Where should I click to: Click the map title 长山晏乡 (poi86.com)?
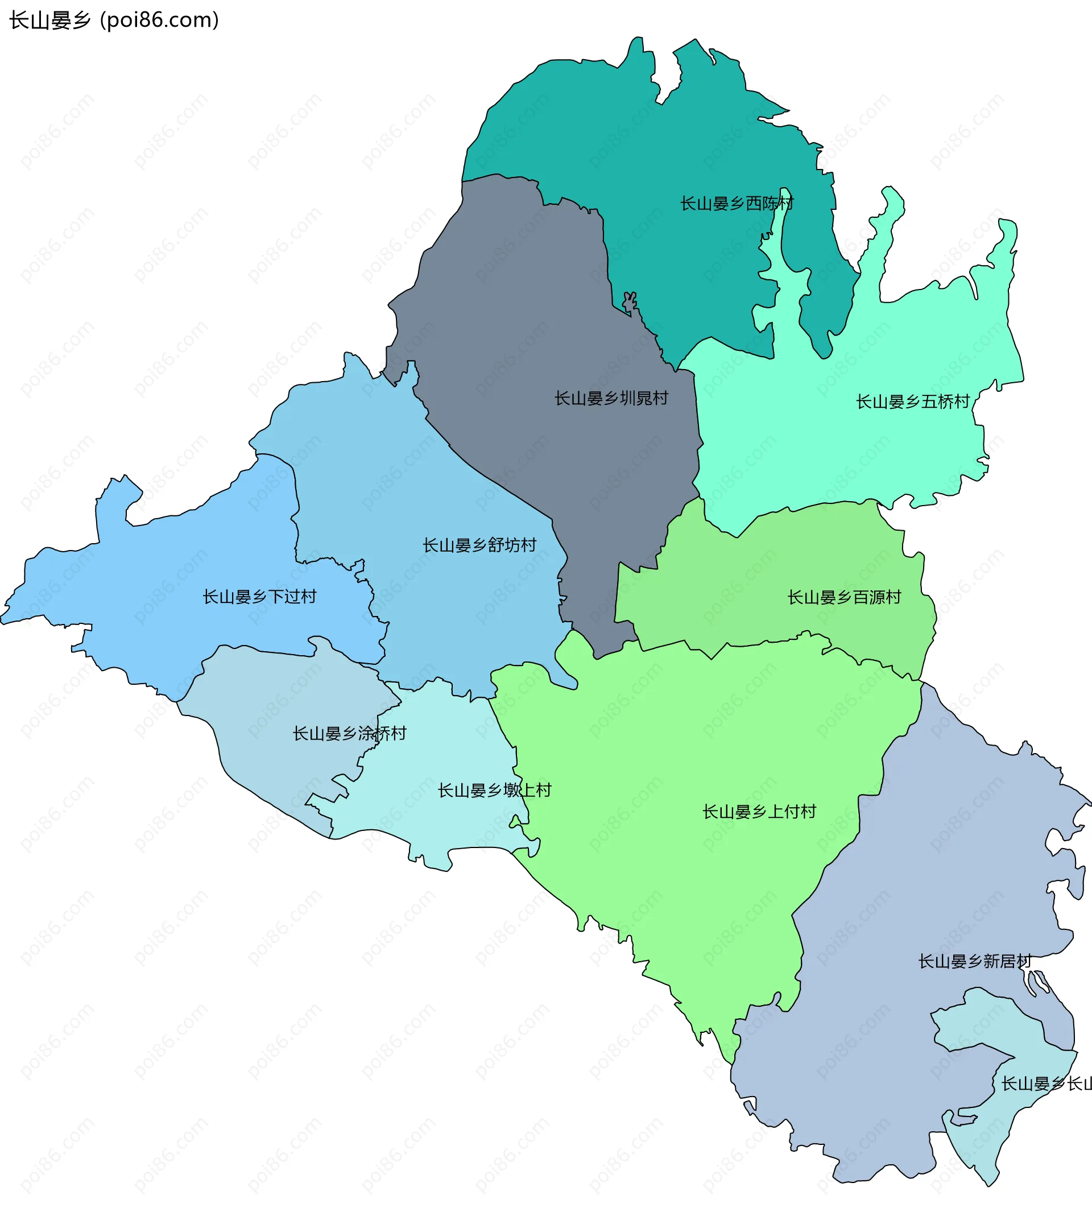pos(114,20)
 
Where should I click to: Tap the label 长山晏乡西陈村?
pos(736,204)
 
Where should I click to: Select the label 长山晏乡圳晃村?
pos(611,398)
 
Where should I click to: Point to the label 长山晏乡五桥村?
pos(913,402)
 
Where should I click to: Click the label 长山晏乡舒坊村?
pos(479,545)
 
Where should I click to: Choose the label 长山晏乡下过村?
pos(259,597)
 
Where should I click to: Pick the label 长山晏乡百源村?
pos(843,598)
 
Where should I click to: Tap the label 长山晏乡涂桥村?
pos(349,734)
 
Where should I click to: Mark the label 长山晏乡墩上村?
pos(494,791)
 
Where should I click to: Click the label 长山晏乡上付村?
pos(759,812)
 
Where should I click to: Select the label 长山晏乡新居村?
pos(974,962)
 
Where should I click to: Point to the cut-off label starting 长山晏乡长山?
pos(1047,1084)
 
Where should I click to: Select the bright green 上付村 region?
pos(690,750)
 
